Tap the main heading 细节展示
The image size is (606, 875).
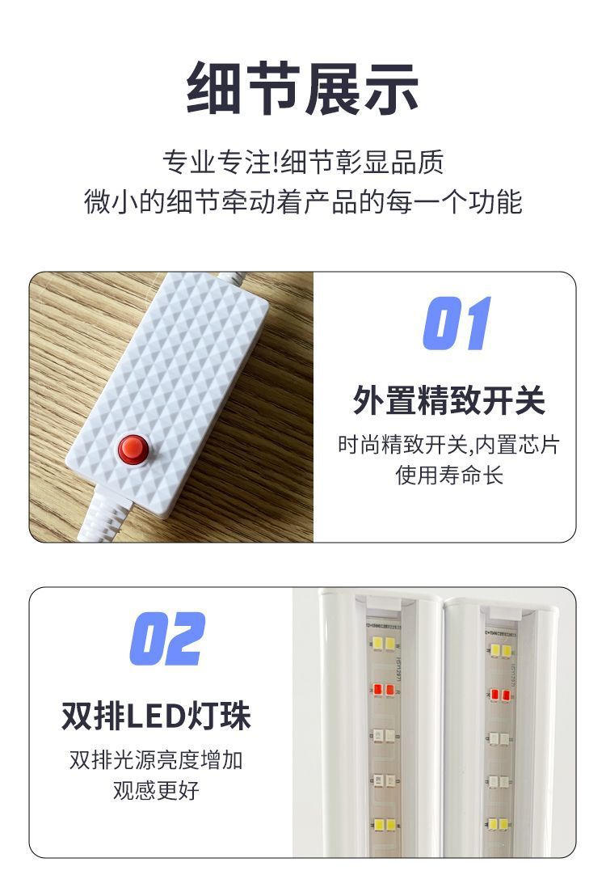point(302,88)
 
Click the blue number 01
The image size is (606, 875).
point(457,323)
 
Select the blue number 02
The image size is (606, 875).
point(168,639)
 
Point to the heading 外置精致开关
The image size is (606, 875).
point(448,400)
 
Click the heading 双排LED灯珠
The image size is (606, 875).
point(156,716)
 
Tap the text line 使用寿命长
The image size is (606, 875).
point(448,475)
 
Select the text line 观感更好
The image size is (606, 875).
point(156,789)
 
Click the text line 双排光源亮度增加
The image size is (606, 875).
point(156,760)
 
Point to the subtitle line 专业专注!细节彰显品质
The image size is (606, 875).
point(302,162)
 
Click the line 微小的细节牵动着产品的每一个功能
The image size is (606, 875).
point(302,201)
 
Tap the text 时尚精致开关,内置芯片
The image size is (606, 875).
point(448,445)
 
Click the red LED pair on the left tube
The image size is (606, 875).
point(383,690)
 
